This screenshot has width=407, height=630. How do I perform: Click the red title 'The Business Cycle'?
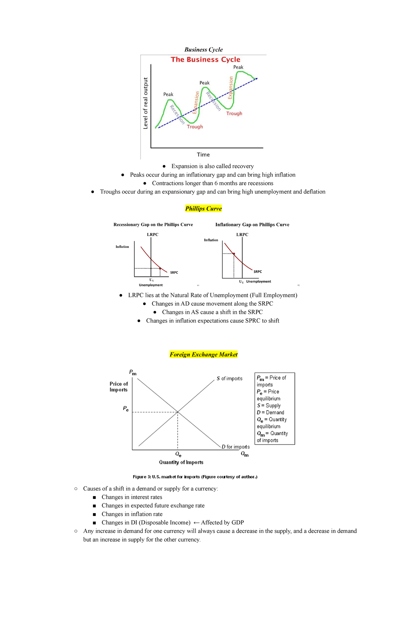coord(205,59)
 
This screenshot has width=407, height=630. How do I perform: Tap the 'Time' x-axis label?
coord(203,155)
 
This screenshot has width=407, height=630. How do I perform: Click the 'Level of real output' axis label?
coord(146,103)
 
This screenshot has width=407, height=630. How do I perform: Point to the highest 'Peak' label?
coord(238,67)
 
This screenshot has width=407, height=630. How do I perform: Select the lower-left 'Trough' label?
coord(195,127)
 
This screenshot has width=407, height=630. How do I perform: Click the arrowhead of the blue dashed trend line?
coord(256,79)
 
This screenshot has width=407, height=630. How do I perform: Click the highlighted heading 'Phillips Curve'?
coord(203,209)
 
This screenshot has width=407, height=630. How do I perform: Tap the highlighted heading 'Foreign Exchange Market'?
coord(203,355)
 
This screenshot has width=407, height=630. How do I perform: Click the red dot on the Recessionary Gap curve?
coord(160,269)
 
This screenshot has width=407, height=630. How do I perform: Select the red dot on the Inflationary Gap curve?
coord(234,253)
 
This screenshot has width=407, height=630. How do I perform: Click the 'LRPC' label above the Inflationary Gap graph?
coord(242,235)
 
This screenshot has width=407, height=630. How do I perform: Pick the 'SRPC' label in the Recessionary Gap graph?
coord(174,273)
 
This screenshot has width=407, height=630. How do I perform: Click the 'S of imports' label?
coord(230,378)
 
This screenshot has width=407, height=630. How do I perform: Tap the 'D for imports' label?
coord(235,447)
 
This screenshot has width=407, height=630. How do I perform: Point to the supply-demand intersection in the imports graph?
coord(178,412)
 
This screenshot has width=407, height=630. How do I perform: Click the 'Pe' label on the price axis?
coord(126,409)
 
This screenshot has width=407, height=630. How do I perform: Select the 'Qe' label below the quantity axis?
coord(178,454)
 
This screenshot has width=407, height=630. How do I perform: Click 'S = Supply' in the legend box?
coord(269,406)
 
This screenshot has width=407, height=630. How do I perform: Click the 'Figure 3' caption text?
coord(195,477)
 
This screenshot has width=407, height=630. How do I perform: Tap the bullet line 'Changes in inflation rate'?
coord(132,514)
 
